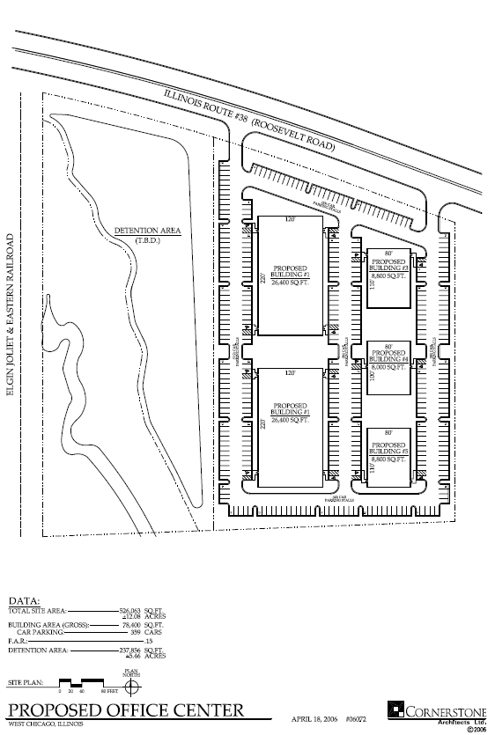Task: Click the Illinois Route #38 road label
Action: point(250,123)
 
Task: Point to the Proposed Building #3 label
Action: point(388,266)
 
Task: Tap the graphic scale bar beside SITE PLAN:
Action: point(81,683)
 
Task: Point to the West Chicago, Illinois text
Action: point(45,724)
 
